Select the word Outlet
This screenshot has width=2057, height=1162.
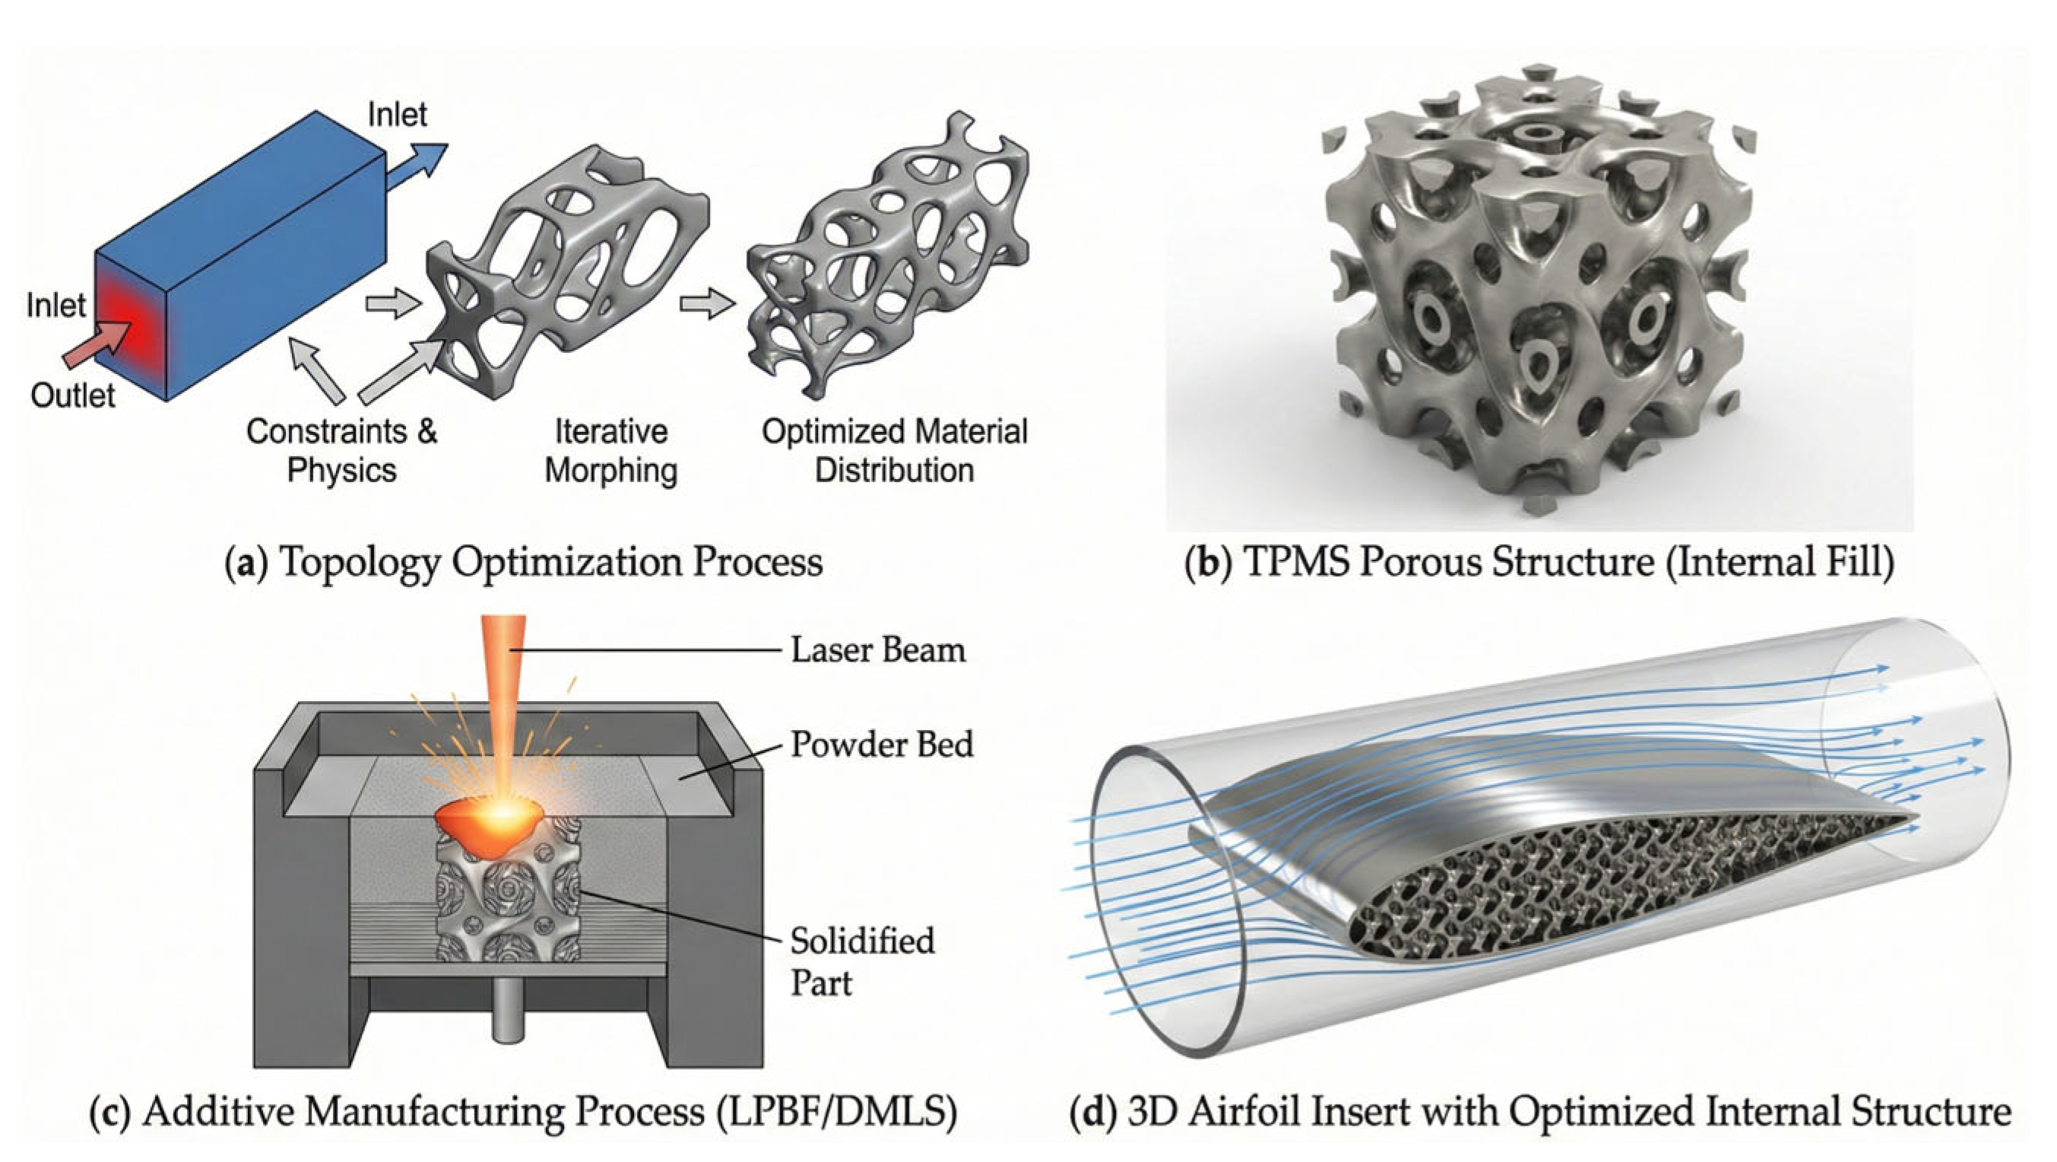(x=73, y=395)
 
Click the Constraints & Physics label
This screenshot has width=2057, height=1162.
(x=342, y=450)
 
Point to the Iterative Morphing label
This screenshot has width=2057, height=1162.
(x=611, y=450)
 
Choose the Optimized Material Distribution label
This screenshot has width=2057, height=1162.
(x=895, y=450)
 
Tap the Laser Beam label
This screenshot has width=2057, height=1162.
(x=877, y=650)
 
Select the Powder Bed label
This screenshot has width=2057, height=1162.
(x=882, y=745)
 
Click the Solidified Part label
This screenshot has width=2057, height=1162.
(x=861, y=961)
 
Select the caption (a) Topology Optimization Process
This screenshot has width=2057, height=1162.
(x=524, y=562)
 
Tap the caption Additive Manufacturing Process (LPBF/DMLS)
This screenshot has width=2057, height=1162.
(x=523, y=1110)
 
